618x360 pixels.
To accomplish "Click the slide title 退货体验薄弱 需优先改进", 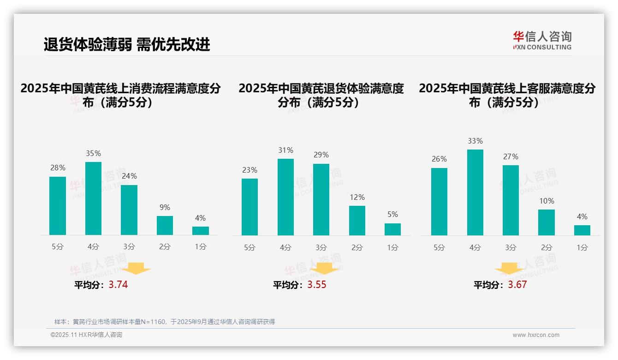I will (x=127, y=44).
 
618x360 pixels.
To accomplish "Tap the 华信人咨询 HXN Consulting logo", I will (x=542, y=40).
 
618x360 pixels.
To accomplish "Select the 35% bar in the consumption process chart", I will (x=93, y=198).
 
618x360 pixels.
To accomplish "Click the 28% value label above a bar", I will (x=58, y=168).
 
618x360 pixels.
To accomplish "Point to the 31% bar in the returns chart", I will (x=285, y=197).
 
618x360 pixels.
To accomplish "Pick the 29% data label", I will (x=321, y=155).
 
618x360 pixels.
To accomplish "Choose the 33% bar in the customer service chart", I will (x=475, y=192).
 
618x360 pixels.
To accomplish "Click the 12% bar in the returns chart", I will (x=357, y=221).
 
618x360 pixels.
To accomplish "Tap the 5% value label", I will (x=392, y=215).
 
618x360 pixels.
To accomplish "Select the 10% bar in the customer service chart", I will (x=547, y=222).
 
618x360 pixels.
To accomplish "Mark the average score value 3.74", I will (x=118, y=285).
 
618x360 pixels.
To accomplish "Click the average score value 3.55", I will (x=317, y=285).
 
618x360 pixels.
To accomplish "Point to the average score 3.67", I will (x=517, y=285).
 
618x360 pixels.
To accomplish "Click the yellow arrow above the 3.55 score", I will (x=324, y=268).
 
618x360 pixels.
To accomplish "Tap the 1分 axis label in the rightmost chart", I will (x=582, y=247).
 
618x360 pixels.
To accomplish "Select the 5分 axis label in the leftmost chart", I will (x=58, y=247).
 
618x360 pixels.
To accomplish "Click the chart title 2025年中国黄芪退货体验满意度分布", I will (x=321, y=95).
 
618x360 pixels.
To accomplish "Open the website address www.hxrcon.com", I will (x=536, y=335).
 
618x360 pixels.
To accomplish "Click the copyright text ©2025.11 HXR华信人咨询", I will (x=86, y=335).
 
